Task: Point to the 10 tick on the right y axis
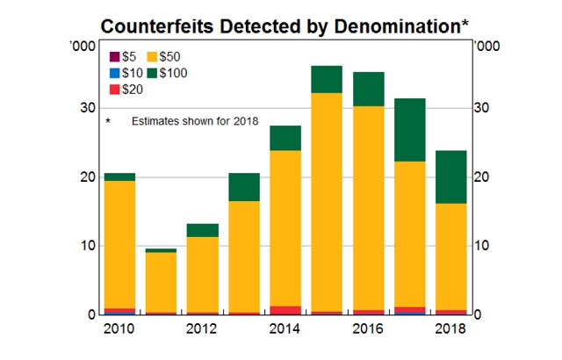coord(483,246)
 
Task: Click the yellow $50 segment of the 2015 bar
coord(327,202)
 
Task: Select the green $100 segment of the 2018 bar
coord(450,176)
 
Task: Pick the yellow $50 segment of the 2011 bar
coord(161,282)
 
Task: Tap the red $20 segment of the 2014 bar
coord(285,309)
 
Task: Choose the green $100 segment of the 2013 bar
coord(244,187)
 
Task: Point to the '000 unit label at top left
coord(79,46)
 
